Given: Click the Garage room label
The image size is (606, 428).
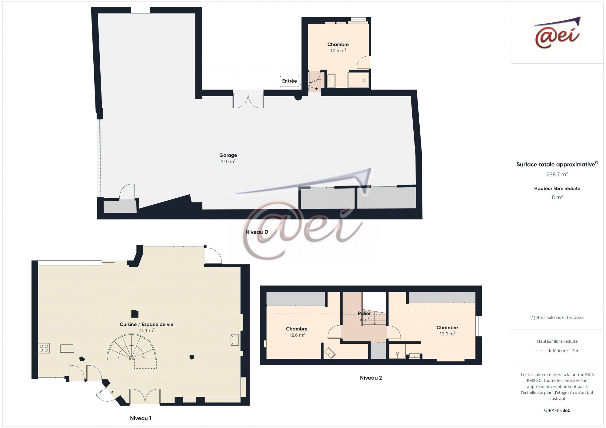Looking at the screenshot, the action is click(228, 155).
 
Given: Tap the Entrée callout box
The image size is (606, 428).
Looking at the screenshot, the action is click(289, 81).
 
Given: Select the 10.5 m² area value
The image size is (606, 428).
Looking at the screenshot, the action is click(338, 51).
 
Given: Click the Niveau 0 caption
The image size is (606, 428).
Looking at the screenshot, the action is click(257, 232).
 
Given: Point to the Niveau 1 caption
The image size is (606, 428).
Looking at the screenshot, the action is click(141, 418).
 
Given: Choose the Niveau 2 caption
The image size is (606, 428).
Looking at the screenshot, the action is click(371, 377).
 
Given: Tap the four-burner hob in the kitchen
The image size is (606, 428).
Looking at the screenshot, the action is click(44, 348).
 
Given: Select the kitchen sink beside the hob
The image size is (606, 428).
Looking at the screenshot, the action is click(67, 348).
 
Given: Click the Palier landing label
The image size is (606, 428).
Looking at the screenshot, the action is click(364, 314).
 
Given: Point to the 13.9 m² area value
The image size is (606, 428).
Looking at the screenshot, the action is click(447, 334).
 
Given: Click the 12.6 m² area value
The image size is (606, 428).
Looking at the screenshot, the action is click(297, 335).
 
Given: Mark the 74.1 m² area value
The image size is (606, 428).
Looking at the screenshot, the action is click(147, 331).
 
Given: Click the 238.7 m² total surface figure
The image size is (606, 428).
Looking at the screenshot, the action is click(557, 174).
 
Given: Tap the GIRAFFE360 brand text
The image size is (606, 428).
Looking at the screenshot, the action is click(557, 410).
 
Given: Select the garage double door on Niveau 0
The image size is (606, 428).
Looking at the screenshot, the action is click(248, 99).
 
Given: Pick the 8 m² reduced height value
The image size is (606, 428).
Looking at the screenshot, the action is click(557, 197).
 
